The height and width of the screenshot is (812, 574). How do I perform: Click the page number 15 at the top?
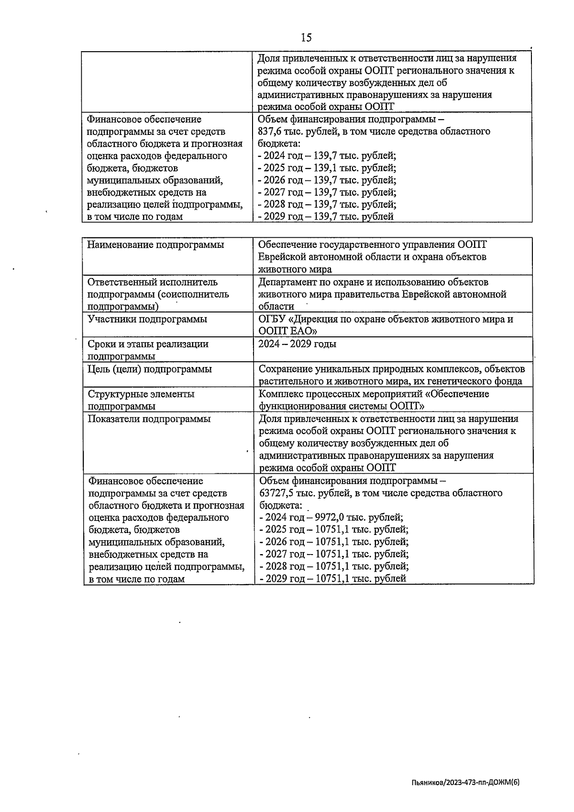pos(306,37)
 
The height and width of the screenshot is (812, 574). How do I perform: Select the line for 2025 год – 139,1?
pos(327,168)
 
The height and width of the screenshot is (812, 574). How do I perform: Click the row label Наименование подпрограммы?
pos(156,245)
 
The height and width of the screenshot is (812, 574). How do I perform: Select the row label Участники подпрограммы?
pos(148,319)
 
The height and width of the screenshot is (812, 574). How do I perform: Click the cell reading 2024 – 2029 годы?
pos(297,344)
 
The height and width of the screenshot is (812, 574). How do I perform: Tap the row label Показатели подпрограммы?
pos(149,419)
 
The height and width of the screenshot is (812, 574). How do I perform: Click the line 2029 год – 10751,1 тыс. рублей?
pos(332,578)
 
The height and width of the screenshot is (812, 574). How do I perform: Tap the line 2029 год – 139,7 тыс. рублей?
pos(326,217)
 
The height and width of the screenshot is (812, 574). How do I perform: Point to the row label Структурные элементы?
pos(141,394)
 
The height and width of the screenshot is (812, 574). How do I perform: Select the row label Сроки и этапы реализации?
pos(148,344)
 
